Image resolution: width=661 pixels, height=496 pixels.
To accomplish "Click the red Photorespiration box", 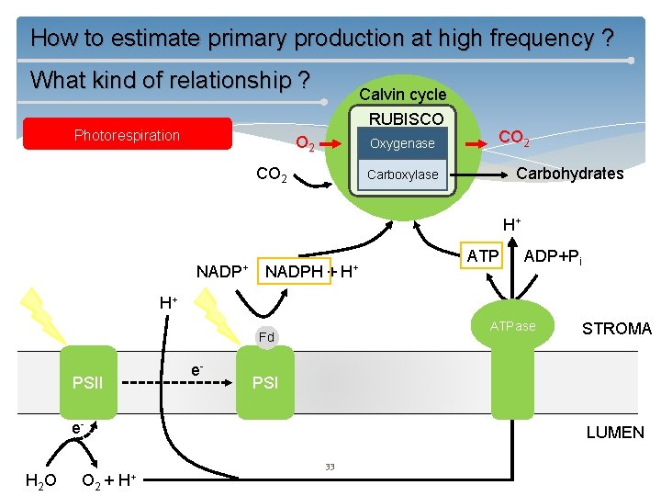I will tap(127, 135).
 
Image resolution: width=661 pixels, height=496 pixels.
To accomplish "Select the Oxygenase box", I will tap(402, 143).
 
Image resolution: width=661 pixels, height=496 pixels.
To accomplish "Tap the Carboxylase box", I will tap(402, 175).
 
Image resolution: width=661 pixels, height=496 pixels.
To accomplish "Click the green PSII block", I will tap(88, 379).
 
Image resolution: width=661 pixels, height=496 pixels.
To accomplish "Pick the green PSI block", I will tap(265, 379).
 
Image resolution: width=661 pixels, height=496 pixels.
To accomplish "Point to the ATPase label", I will tap(513, 326).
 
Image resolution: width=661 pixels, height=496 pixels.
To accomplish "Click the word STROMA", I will tap(616, 329).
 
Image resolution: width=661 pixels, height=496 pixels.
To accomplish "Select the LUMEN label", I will tap(615, 432).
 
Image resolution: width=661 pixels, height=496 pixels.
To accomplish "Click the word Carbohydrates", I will tap(569, 174).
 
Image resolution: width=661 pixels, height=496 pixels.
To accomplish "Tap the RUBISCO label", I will tap(406, 118).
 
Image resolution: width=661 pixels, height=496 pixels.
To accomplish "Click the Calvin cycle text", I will tap(402, 95).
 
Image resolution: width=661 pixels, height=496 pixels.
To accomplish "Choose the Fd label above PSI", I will tap(266, 337).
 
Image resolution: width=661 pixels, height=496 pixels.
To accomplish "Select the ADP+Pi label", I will tap(559, 255).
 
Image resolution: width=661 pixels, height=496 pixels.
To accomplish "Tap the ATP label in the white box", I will tap(483, 255).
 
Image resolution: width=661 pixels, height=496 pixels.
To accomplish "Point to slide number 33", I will tap(330, 467).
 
